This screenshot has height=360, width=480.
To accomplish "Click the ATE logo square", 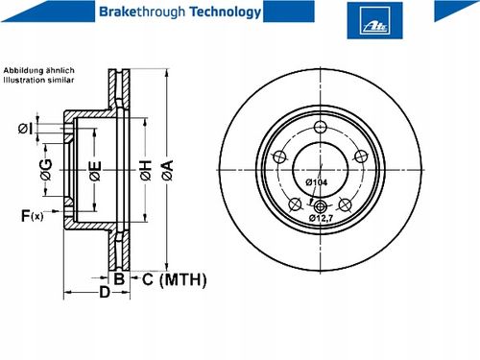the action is click(x=374, y=20).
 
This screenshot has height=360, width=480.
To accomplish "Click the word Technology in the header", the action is click(x=226, y=12).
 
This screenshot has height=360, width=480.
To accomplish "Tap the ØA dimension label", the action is click(x=167, y=170).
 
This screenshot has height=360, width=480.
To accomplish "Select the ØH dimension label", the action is click(x=145, y=170).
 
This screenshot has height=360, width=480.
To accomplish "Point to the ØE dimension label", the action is click(x=95, y=171).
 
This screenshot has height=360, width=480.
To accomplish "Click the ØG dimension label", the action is click(x=46, y=170).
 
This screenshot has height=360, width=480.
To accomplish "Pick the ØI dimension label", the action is click(x=25, y=129).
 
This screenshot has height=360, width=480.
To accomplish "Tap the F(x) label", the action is click(x=32, y=216).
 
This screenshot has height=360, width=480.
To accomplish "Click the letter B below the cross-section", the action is click(x=119, y=279).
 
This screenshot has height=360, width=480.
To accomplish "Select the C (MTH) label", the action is click(x=175, y=279).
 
